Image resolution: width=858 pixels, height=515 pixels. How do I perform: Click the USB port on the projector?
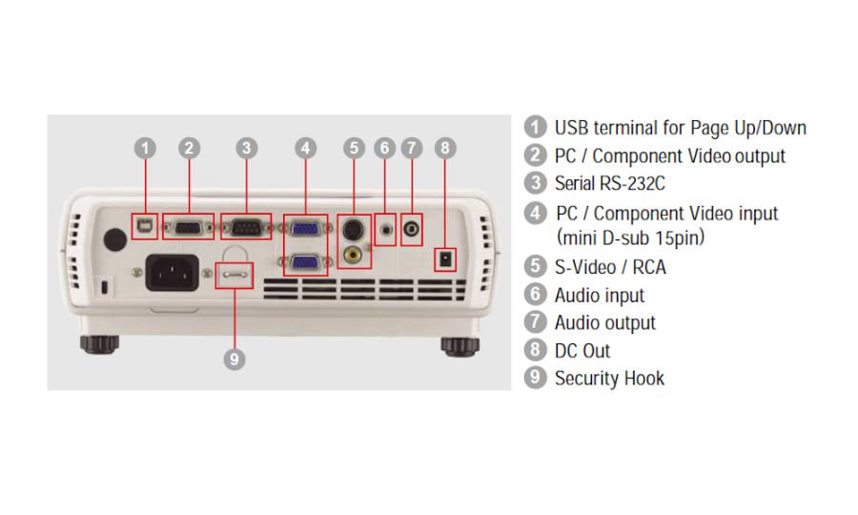coord(145,226)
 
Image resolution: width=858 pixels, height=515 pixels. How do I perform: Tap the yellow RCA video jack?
coord(353,255)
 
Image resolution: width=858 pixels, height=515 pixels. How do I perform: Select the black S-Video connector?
coord(353,230)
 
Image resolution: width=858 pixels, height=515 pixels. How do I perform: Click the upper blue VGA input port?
coord(305,228)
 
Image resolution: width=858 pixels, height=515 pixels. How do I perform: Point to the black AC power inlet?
coord(171,272)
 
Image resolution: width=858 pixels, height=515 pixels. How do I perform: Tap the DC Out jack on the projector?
coord(443,258)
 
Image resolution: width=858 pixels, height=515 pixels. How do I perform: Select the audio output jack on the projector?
coord(411,230)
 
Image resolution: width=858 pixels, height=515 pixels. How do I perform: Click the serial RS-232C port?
coord(246,227)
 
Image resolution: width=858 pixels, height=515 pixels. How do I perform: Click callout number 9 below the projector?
coord(235,359)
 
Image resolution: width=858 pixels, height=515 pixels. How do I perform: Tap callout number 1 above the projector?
coord(145,148)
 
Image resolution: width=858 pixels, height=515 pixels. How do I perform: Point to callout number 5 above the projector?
coord(354,148)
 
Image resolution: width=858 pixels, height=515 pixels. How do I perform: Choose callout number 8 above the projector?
coord(444,148)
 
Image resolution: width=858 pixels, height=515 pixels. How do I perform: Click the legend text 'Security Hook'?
coord(609,378)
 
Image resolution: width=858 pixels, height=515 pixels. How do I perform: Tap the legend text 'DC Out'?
coord(582,350)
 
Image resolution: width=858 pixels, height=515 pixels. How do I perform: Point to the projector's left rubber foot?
coord(98,342)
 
